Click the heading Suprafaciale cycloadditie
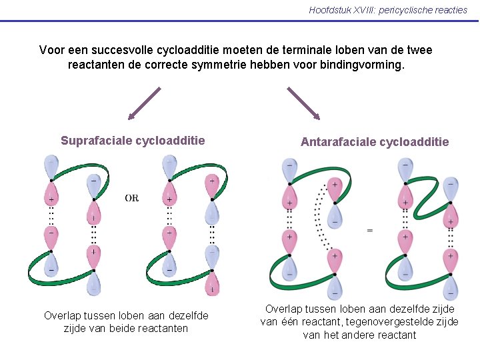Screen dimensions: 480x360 133,141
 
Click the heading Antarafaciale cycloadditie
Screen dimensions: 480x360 375,142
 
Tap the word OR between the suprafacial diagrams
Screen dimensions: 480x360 132,198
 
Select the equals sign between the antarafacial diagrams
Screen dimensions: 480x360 369,230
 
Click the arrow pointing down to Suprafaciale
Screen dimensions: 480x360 145,103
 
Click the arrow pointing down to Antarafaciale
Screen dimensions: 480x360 304,103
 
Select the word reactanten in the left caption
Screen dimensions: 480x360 165,328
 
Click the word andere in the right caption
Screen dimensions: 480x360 357,335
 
